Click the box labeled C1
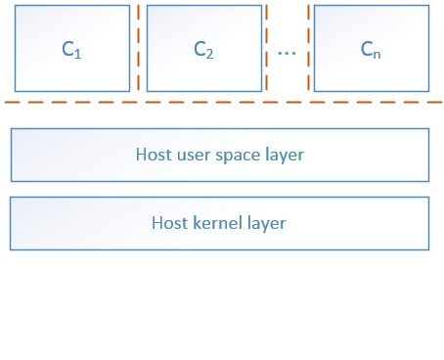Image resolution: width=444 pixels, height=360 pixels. pyautogui.click(x=72, y=48)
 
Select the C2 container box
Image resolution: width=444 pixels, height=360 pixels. pyautogui.click(x=204, y=48)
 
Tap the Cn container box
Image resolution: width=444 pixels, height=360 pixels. pyautogui.click(x=372, y=48)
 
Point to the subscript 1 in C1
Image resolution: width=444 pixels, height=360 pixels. pyautogui.click(x=77, y=54)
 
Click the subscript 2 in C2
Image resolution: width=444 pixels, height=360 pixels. pyautogui.click(x=209, y=54)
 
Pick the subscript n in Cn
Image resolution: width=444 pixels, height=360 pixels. pyautogui.click(x=377, y=55)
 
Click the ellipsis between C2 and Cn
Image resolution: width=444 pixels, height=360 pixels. pyautogui.click(x=287, y=53)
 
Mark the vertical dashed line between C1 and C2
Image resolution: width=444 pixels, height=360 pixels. pyautogui.click(x=139, y=48)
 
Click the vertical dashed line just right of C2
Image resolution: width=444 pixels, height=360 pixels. pyautogui.click(x=267, y=48)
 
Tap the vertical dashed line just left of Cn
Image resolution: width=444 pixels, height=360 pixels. pyautogui.click(x=308, y=48)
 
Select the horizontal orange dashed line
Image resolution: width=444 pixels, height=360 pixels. pyautogui.click(x=223, y=103)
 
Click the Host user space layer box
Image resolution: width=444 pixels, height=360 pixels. pyautogui.click(x=220, y=155)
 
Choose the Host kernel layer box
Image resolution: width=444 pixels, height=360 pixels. pyautogui.click(x=219, y=223)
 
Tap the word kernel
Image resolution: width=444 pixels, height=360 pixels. pyautogui.click(x=217, y=223)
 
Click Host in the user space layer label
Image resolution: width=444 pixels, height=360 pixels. pyautogui.click(x=154, y=155)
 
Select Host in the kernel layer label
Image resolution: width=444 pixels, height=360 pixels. pyautogui.click(x=170, y=223)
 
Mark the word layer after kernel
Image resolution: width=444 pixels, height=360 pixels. pyautogui.click(x=267, y=224)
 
